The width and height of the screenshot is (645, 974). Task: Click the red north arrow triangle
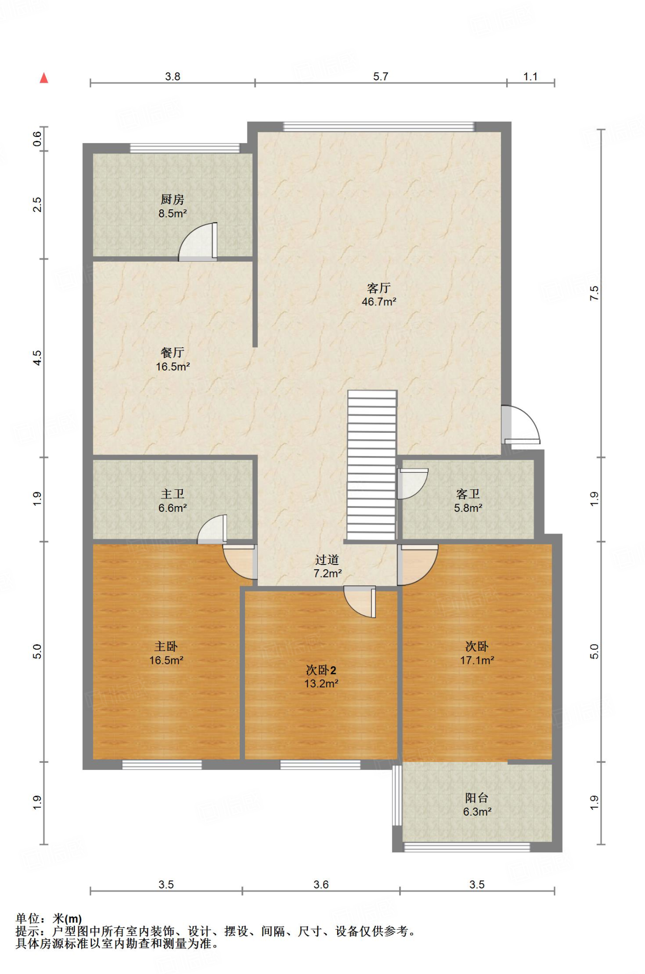[x=44, y=78]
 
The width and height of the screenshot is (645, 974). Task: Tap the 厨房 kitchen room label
[x=172, y=199]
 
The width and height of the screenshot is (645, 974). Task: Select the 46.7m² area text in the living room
[x=379, y=302]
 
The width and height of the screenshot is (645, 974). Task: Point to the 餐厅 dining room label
[x=172, y=352]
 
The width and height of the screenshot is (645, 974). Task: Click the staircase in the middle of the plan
[x=372, y=465]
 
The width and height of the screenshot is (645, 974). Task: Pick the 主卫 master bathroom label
[x=172, y=494]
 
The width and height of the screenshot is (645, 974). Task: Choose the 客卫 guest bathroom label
[x=468, y=494]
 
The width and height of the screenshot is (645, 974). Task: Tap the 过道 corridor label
[x=327, y=560]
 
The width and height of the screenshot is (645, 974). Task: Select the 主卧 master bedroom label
[x=166, y=646]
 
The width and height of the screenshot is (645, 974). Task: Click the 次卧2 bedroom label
[x=321, y=670]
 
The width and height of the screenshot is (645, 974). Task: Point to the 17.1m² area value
[x=477, y=660]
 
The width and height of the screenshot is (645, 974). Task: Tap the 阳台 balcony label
[x=477, y=798]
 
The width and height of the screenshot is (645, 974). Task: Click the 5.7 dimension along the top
[x=381, y=77]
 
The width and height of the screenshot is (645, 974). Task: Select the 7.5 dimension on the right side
[x=594, y=293]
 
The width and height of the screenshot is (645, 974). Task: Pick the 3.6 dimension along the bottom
[x=321, y=885]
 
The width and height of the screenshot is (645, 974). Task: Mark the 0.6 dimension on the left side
[x=37, y=139]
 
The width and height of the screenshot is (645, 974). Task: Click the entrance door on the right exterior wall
[x=520, y=424]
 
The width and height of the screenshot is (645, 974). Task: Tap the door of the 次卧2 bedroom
[x=360, y=602]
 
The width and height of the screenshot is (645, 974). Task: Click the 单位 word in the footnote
[x=28, y=918]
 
